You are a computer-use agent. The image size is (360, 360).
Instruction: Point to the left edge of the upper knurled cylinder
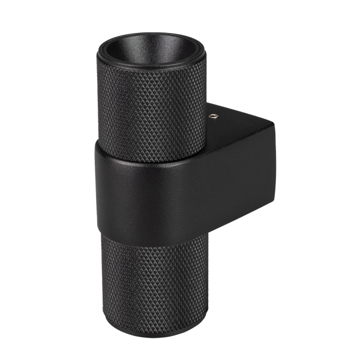(98, 102)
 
